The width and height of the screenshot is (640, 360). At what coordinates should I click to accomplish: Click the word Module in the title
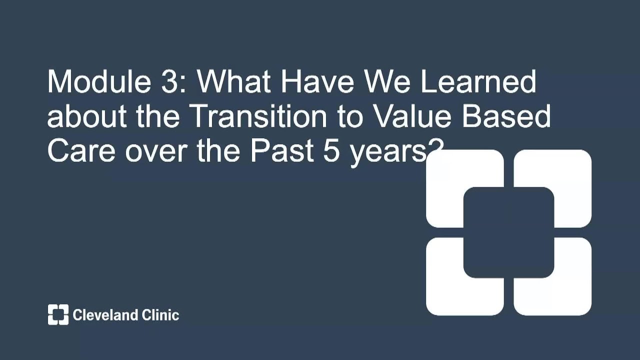[98, 81]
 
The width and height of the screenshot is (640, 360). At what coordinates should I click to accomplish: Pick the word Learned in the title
[478, 81]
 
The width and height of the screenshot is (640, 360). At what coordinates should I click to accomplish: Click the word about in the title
[87, 116]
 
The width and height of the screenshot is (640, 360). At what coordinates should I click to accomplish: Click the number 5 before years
[331, 150]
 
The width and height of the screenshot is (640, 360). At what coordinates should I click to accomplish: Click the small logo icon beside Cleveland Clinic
[58, 314]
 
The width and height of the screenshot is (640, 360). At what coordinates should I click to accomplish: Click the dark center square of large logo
[508, 232]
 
